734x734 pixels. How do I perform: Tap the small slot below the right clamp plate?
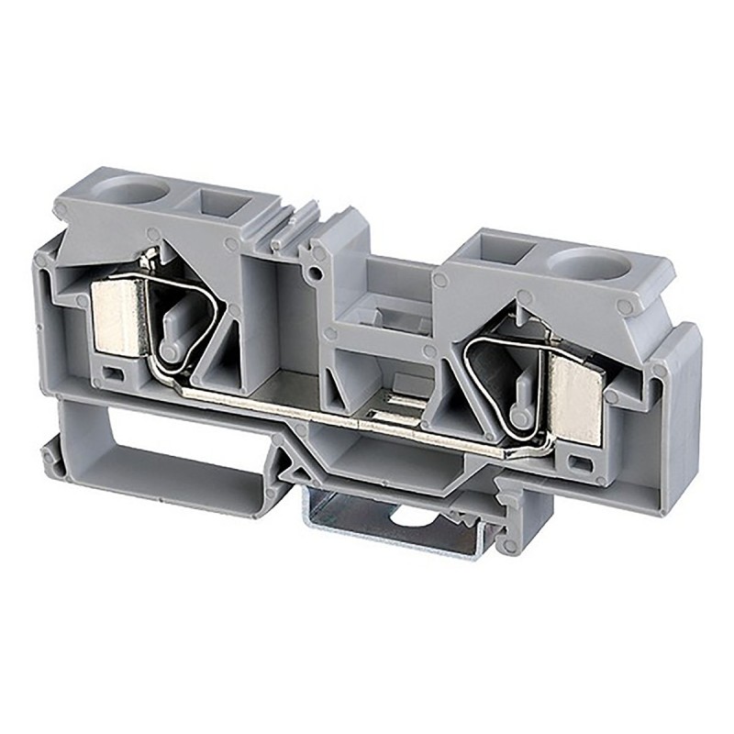[x=579, y=456]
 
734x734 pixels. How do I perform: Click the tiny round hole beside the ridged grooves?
[x=316, y=274]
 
